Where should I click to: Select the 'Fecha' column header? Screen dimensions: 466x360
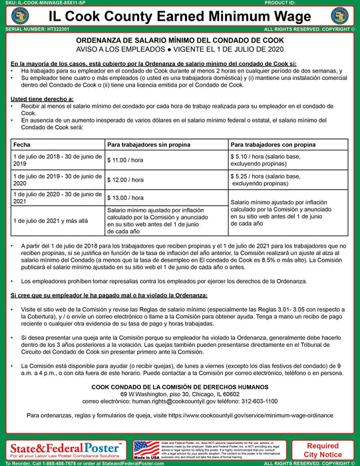click(x=22, y=144)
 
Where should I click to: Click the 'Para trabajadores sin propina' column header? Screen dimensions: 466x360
click(x=146, y=144)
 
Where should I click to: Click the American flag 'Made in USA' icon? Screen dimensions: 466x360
click(x=146, y=447)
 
